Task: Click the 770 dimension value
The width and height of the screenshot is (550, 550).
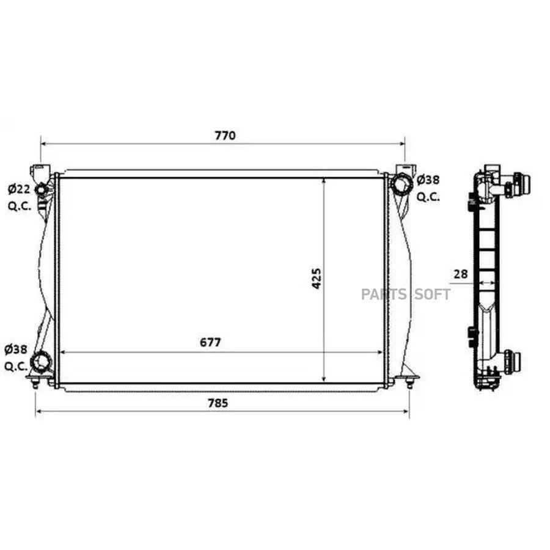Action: click(225, 136)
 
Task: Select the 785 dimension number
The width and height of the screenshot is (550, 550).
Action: click(218, 403)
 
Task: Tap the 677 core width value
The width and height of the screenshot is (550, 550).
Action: click(210, 342)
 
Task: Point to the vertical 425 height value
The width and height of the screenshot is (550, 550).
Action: click(317, 279)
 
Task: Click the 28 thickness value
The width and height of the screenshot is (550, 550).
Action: click(461, 274)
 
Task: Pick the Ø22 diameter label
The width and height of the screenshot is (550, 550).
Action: click(20, 189)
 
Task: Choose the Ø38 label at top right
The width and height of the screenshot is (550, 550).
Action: click(428, 180)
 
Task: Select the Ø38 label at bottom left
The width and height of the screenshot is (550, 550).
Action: click(16, 350)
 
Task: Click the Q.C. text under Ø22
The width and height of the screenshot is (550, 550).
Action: click(20, 206)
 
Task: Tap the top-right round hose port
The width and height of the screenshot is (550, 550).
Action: click(402, 184)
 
